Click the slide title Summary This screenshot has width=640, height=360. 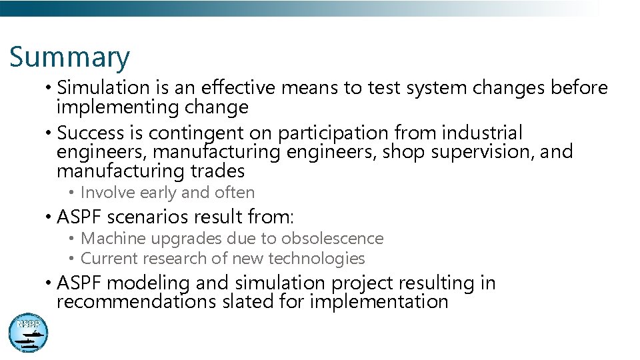(69, 57)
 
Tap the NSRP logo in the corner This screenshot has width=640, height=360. (28, 333)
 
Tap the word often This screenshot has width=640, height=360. (235, 193)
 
